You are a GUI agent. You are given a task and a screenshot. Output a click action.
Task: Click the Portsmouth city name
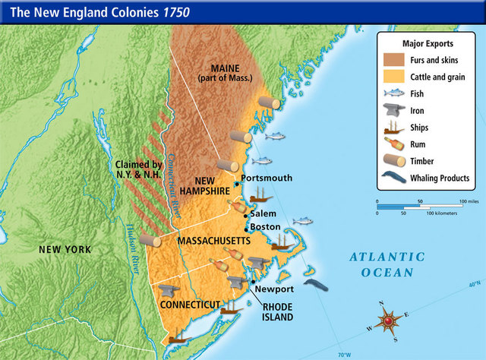tap(266, 178)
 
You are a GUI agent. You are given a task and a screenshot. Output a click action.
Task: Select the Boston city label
tap(266, 227)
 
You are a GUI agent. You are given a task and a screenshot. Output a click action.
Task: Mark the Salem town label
tap(264, 214)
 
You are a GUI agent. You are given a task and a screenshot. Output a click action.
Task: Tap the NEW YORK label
tap(65, 249)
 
